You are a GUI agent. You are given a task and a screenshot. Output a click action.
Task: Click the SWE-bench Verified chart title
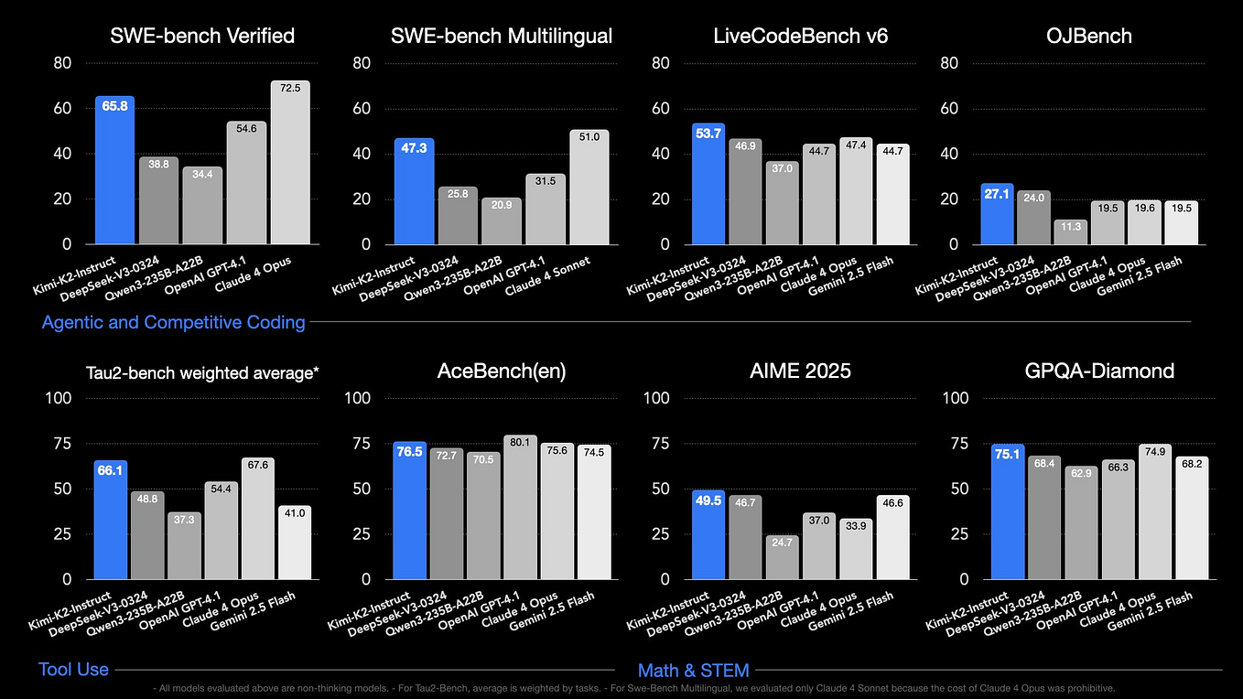(x=202, y=36)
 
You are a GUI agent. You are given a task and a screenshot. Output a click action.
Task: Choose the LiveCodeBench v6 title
(x=800, y=36)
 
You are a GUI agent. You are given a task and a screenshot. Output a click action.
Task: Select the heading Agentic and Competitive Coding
(x=173, y=322)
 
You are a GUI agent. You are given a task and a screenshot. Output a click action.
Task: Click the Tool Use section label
(x=73, y=670)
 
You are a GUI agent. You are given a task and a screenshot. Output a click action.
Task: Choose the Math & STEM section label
(x=693, y=671)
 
